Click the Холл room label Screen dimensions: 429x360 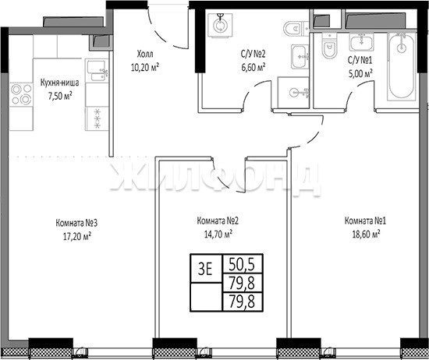[x=145, y=54]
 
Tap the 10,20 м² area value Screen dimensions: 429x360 [x=145, y=67]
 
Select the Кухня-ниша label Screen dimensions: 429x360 [x=59, y=83]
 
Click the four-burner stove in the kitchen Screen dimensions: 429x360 [x=21, y=94]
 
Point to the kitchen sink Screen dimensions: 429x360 [x=97, y=71]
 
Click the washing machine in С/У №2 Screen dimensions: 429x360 [x=220, y=25]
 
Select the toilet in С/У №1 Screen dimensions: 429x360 [x=329, y=46]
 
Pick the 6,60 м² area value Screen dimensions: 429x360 [x=253, y=67]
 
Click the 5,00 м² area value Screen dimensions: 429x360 [x=360, y=73]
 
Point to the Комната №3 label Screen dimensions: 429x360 [x=76, y=223]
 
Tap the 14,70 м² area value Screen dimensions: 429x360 [x=218, y=234]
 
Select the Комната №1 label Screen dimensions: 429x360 [x=365, y=221]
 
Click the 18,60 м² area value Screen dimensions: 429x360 [x=366, y=234]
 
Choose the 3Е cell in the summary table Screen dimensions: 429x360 [x=206, y=269]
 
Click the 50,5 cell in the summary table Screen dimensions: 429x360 [x=243, y=264]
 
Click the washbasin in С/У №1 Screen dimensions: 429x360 [x=361, y=42]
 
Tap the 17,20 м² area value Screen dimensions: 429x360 [x=77, y=236]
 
